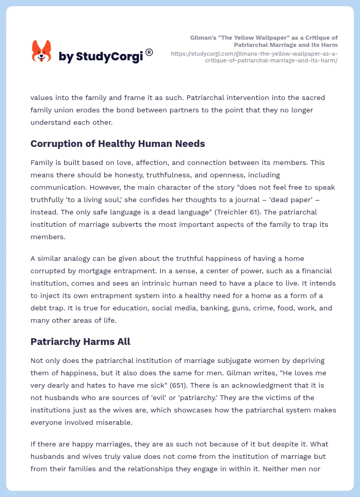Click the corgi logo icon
point(42,51)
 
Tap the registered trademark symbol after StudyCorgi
point(149,52)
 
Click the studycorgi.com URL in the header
point(254,57)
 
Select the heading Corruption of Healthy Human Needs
point(118,143)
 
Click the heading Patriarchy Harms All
point(80,341)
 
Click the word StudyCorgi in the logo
point(109,57)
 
